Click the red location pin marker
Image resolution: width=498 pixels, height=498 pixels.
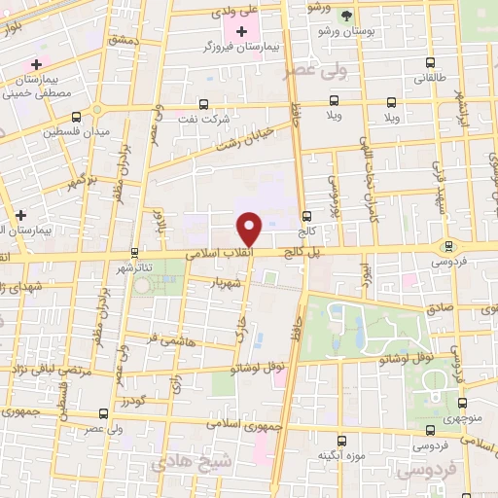[250, 228]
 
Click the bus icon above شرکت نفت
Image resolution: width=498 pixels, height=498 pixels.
[203, 103]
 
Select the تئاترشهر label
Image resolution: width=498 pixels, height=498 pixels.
[136, 267]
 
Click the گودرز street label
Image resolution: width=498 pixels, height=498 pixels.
[135, 400]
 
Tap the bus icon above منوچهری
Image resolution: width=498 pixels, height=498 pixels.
[463, 401]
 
